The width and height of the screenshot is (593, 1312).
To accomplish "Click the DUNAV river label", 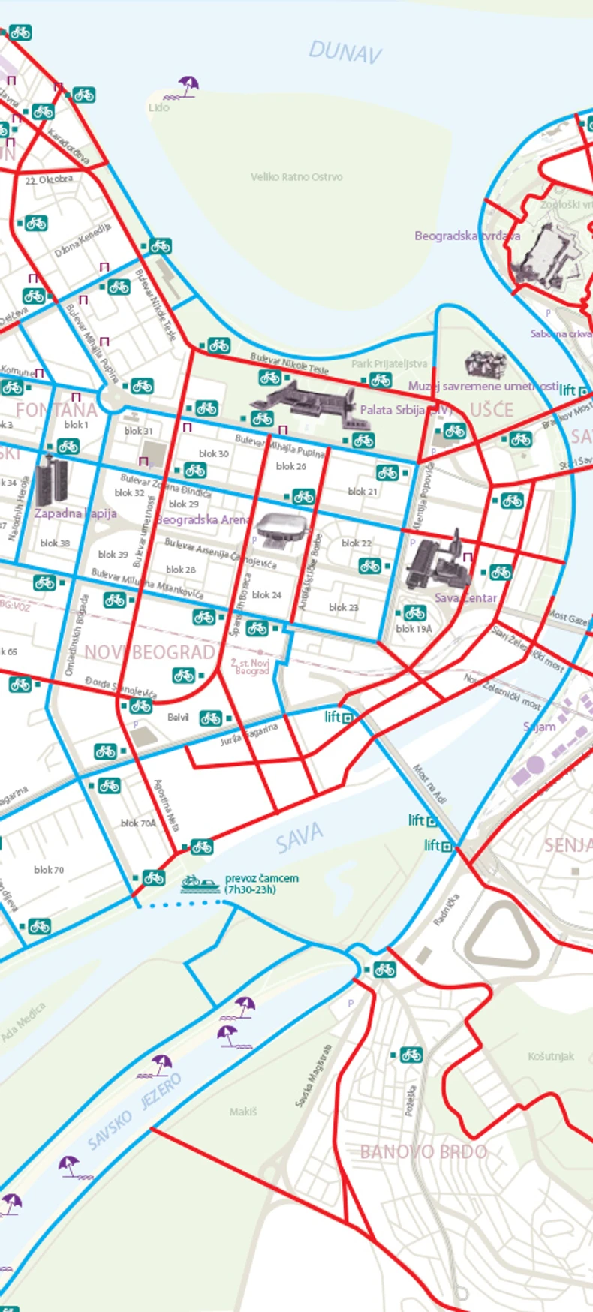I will click(345, 52).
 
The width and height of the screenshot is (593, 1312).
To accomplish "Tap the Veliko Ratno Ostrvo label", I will click(296, 177).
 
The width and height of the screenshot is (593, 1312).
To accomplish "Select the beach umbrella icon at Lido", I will click(188, 85).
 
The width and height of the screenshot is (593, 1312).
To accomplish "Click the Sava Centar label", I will click(465, 598).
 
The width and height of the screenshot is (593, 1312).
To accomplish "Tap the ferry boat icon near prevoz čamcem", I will click(200, 883).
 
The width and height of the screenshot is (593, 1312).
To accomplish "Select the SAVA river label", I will click(299, 838).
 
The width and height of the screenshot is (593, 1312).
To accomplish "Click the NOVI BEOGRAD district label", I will click(149, 651).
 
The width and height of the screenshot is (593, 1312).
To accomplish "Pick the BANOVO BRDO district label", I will click(423, 1152).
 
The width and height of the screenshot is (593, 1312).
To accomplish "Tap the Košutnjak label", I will click(551, 1056).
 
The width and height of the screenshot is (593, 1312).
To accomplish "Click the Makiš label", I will click(243, 1111).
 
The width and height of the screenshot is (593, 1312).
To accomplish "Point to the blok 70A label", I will click(138, 823).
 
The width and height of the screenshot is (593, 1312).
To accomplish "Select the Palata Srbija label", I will click(392, 410).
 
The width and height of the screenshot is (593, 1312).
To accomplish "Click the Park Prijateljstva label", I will click(389, 364).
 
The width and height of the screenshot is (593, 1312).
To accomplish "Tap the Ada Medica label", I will click(23, 1022).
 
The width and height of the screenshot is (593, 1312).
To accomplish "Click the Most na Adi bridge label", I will click(429, 784).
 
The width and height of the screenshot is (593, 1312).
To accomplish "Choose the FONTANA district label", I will click(56, 410).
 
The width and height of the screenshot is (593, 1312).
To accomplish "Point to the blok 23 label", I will click(343, 607).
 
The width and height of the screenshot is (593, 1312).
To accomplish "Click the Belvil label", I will click(178, 718).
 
